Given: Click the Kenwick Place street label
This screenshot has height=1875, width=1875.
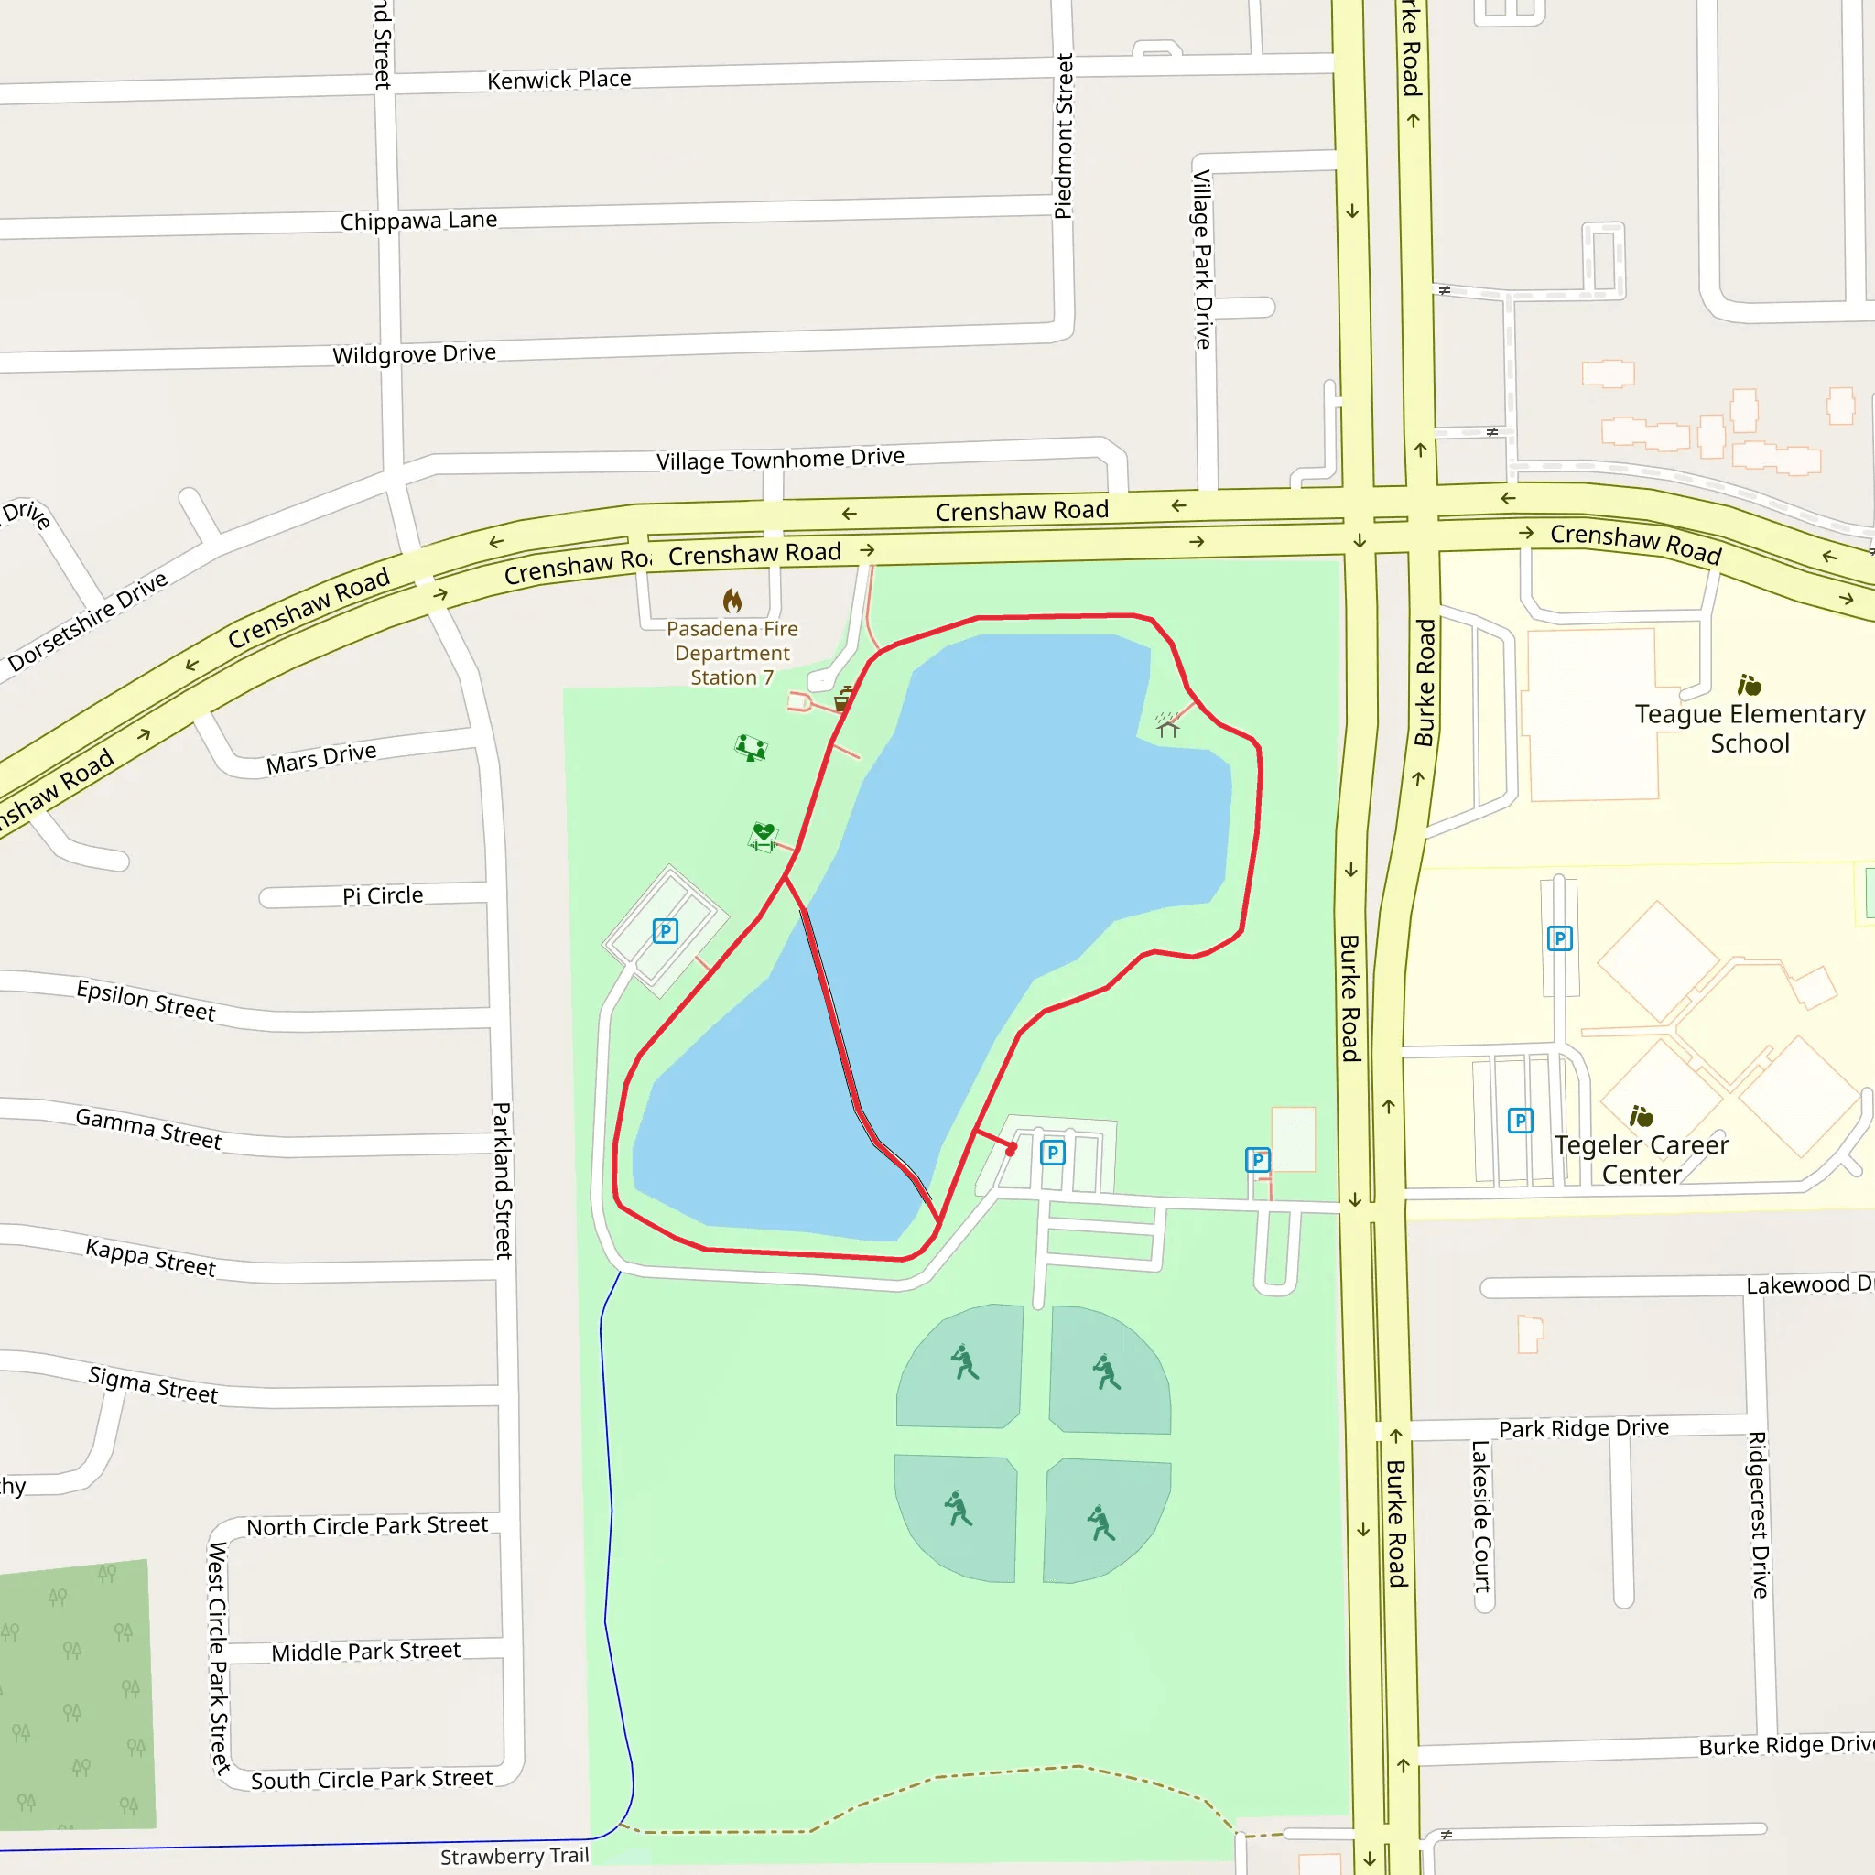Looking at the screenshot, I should pos(559,80).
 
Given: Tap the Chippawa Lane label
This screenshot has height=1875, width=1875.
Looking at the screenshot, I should pos(418,222).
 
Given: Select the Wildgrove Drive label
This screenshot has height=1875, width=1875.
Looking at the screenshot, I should pos(415,354).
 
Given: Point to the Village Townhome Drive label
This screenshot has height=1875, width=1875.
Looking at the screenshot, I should pos(780,459).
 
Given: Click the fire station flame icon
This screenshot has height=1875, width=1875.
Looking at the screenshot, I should pos(732,601).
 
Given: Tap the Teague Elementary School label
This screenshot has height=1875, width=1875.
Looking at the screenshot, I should pos(1750,729).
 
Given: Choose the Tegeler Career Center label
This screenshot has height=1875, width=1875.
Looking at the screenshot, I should pos(1642,1159).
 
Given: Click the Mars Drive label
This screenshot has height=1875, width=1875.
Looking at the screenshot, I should pos(321,758).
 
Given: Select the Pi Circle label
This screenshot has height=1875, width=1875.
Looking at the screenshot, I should pos(383,895).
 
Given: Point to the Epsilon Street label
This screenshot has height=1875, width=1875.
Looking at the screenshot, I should pos(146,1001).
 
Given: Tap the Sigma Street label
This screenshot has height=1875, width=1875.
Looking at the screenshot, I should pos(153,1385).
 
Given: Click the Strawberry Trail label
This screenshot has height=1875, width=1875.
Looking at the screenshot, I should pos(515,1857).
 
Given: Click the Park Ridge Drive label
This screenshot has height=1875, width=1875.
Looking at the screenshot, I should pos(1584,1428).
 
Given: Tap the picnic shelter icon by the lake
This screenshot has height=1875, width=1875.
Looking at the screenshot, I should pos(1167,724).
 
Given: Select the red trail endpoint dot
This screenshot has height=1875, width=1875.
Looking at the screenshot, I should pos(1011,1151).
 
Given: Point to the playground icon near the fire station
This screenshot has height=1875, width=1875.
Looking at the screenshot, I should pos(750,748).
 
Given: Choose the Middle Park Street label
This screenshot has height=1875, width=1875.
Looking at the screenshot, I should pos(366,1652).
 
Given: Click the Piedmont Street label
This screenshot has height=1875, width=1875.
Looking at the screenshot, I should pos(1064,135).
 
